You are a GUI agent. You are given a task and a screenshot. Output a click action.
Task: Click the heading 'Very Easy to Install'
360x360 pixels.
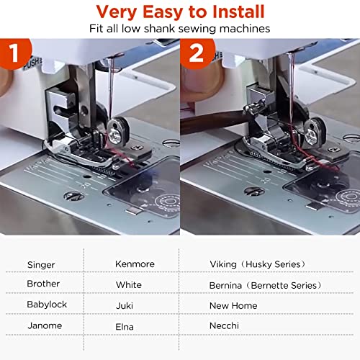[180, 12]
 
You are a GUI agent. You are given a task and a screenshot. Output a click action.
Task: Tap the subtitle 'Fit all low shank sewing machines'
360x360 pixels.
[180, 30]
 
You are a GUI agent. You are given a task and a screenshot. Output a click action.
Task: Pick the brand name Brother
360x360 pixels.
[43, 284]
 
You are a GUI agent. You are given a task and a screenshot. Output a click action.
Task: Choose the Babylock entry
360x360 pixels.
[47, 305]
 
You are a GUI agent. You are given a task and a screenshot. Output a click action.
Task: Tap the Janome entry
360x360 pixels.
[44, 325]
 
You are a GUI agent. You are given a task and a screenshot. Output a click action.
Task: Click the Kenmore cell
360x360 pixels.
[135, 264]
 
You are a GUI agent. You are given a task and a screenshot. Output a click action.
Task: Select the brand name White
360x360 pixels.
[128, 284]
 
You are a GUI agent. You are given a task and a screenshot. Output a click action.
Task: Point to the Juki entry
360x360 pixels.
[125, 305]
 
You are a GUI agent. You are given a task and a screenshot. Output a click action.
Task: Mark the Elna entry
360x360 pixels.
[125, 325]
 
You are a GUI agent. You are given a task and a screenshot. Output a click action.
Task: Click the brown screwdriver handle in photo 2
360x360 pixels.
[209, 122]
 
